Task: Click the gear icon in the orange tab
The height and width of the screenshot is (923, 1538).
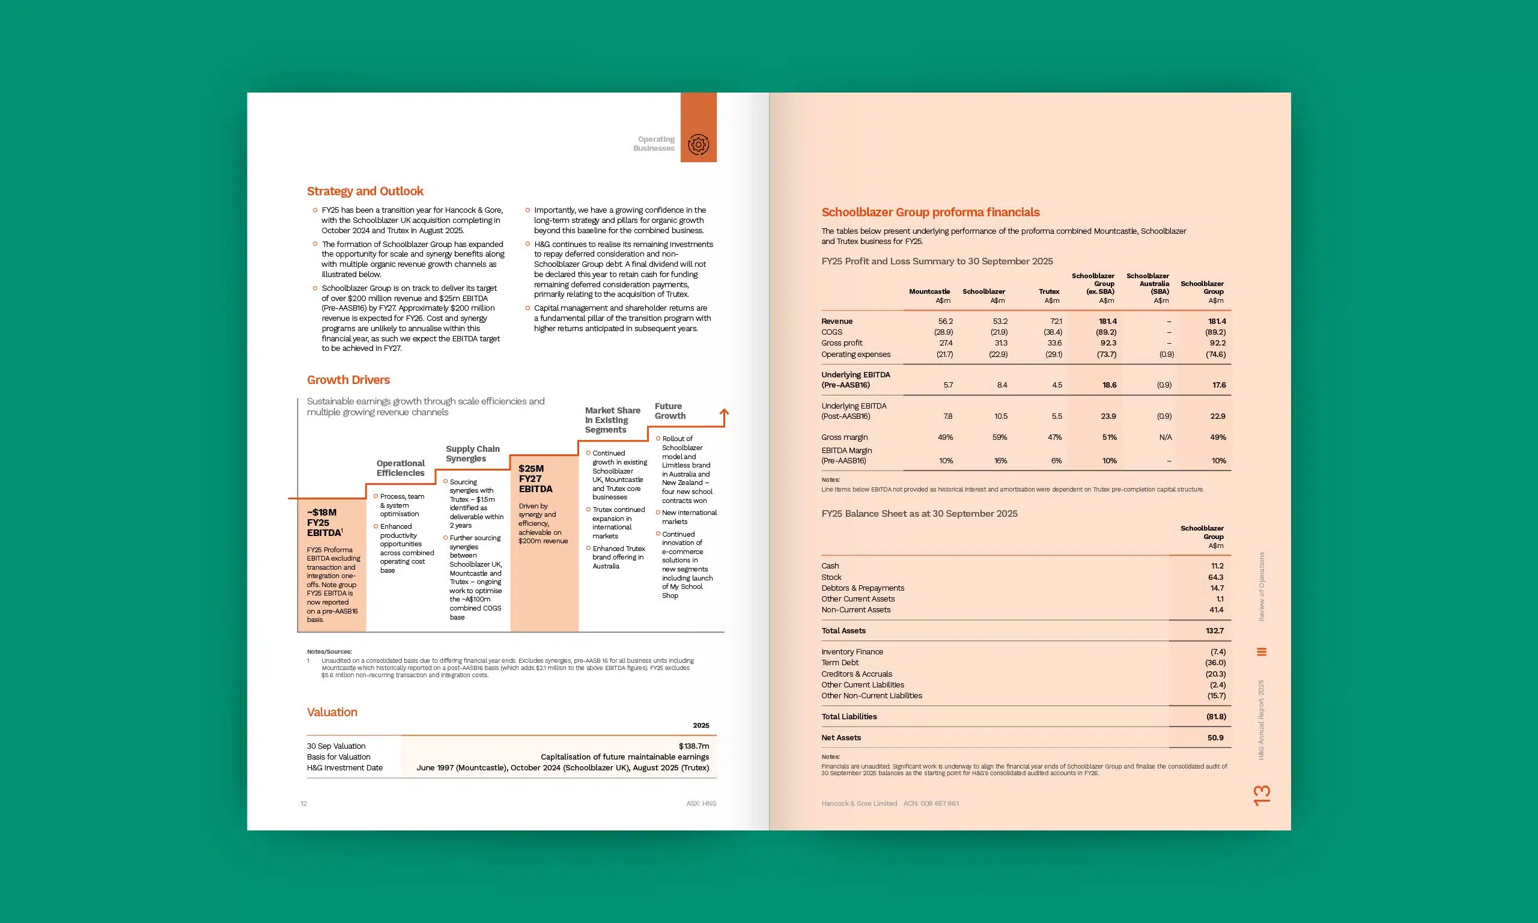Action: pyautogui.click(x=698, y=144)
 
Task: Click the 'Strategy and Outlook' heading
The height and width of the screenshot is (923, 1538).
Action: pyautogui.click(x=365, y=191)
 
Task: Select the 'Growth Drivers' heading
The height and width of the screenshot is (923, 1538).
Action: pyautogui.click(x=348, y=380)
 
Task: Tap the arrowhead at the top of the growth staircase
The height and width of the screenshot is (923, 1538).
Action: pyautogui.click(x=724, y=412)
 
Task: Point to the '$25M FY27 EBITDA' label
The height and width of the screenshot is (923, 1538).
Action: pyautogui.click(x=535, y=479)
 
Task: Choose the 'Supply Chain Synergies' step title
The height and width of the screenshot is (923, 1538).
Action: pyautogui.click(x=472, y=454)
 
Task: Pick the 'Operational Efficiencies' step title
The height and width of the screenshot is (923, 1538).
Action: pyautogui.click(x=400, y=468)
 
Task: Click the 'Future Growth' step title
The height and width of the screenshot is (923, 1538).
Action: pyautogui.click(x=669, y=411)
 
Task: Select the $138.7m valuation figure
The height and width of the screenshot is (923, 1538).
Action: pyautogui.click(x=694, y=746)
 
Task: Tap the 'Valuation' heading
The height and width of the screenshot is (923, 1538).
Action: pyautogui.click(x=332, y=712)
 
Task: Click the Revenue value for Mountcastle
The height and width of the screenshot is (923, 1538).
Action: pyautogui.click(x=945, y=321)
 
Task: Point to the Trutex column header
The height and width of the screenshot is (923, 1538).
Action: pyautogui.click(x=1049, y=291)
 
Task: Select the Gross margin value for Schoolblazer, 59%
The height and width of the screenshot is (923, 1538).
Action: pyautogui.click(x=999, y=437)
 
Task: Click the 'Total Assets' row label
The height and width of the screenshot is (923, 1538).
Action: pyautogui.click(x=843, y=631)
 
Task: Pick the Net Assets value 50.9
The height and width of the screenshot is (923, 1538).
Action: pyautogui.click(x=1215, y=738)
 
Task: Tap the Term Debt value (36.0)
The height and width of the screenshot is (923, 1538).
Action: pyautogui.click(x=1215, y=663)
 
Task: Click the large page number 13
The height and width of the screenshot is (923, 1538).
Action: pyautogui.click(x=1262, y=795)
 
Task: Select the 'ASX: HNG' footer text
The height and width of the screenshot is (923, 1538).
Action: pyautogui.click(x=701, y=803)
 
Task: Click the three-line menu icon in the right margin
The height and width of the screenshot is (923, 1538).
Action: pyautogui.click(x=1262, y=652)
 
